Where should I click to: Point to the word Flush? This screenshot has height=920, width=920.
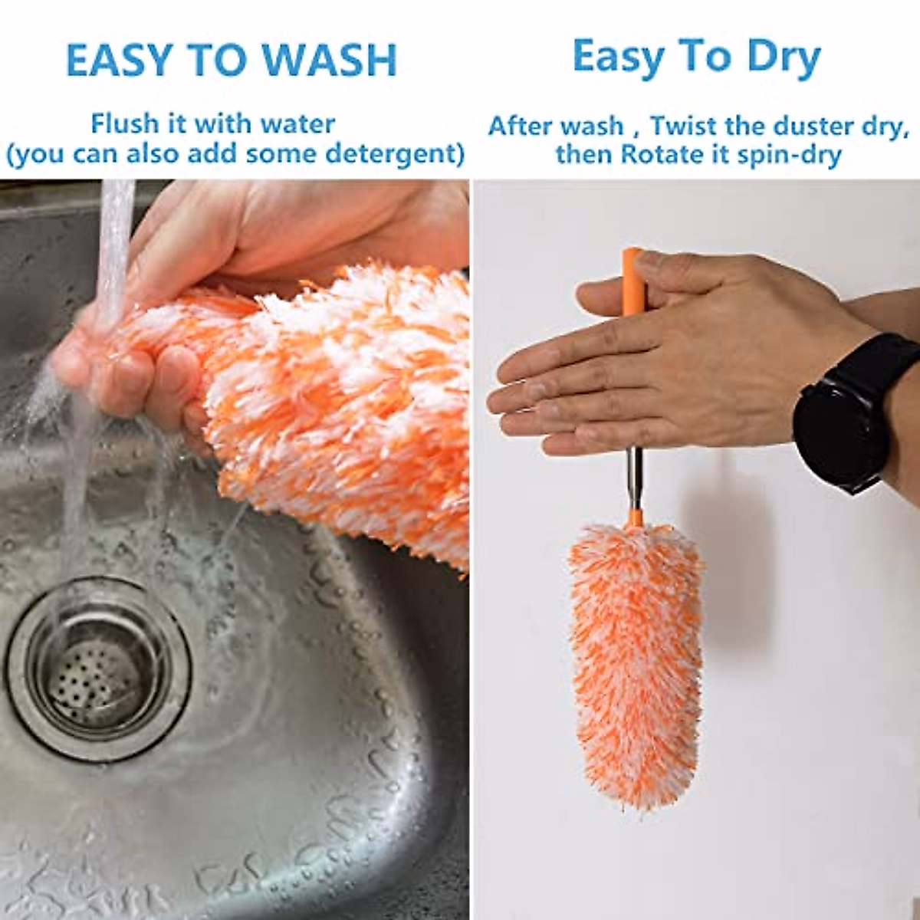point(125,123)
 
